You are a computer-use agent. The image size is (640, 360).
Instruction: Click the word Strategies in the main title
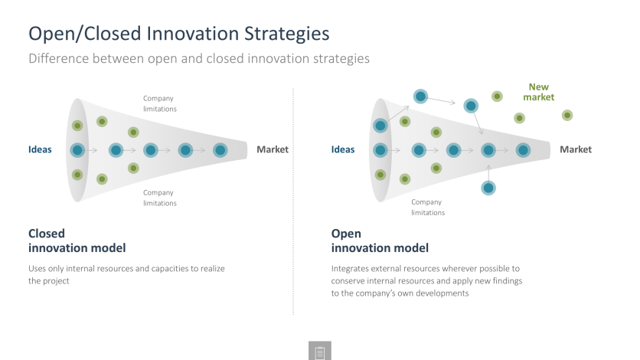tap(287, 34)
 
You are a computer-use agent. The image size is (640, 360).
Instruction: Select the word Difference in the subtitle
tap(59, 58)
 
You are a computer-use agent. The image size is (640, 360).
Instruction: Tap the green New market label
tap(538, 92)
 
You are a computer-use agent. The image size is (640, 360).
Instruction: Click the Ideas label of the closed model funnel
tap(40, 149)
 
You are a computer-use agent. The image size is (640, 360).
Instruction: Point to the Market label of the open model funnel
tap(576, 149)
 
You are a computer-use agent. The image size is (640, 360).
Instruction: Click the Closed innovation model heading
tap(77, 241)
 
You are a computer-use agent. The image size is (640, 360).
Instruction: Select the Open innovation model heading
tap(380, 241)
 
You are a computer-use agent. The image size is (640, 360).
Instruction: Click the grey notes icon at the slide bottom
tap(320, 351)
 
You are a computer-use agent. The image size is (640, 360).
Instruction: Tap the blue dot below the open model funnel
tap(488, 188)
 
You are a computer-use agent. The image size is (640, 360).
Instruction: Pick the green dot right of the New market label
tap(567, 116)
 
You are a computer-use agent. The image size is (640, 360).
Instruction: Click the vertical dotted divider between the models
tap(293, 201)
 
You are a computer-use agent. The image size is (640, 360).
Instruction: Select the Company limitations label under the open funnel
tap(428, 208)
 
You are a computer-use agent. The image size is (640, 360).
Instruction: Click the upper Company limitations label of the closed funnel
tap(159, 103)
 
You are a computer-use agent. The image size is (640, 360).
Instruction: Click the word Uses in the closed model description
tap(37, 269)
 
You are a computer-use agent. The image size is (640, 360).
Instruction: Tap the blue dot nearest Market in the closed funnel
tap(220, 150)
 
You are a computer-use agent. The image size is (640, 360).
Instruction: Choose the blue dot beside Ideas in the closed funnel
tap(77, 150)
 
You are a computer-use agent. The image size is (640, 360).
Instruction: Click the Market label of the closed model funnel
tap(273, 149)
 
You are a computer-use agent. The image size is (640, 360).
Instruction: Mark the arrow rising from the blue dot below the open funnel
tap(488, 172)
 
